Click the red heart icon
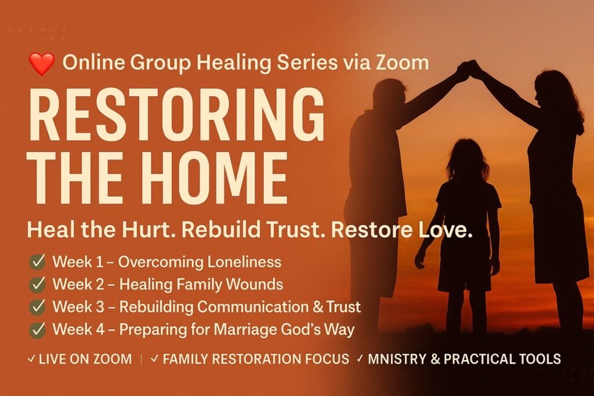coord(42,64)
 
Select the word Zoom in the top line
coord(402,63)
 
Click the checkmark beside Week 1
coord(37,262)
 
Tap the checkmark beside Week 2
coord(37,284)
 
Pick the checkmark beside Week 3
coord(37,307)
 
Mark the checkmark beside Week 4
coord(37,329)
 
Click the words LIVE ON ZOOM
coord(85,359)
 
